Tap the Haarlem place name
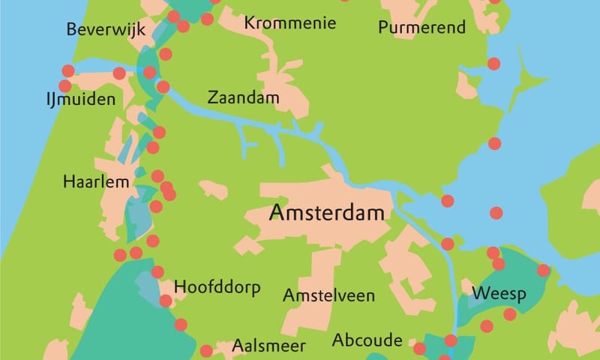click(x=91, y=182)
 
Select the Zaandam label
click(x=243, y=98)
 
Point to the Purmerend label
click(x=421, y=28)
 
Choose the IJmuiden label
click(x=79, y=100)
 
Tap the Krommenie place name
click(x=289, y=23)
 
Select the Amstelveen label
click(x=328, y=295)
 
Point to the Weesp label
click(x=499, y=292)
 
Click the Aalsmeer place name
click(x=268, y=346)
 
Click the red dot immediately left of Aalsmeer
click(x=206, y=350)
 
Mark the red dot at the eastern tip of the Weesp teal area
click(x=543, y=270)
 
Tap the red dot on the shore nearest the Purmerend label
click(x=493, y=64)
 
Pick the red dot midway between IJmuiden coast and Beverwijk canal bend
click(x=118, y=73)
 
